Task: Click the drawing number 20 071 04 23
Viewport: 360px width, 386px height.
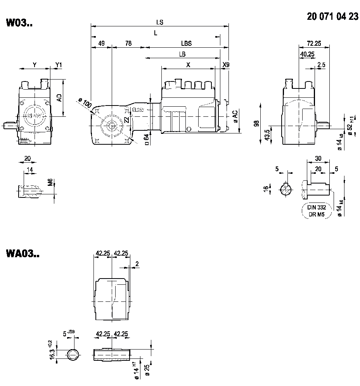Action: (332, 17)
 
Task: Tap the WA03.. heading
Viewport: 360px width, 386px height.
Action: (22, 254)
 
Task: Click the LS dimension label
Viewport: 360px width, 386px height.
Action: (159, 23)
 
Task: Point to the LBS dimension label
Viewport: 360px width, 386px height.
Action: (186, 44)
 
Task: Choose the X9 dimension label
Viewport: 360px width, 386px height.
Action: (225, 65)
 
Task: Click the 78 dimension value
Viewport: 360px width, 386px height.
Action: (128, 44)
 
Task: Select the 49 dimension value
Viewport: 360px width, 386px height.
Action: (101, 44)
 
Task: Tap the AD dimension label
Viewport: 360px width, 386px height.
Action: (59, 98)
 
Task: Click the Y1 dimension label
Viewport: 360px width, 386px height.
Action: (58, 65)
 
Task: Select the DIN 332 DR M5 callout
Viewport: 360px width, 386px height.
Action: (317, 211)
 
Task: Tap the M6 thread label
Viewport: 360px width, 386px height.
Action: (50, 182)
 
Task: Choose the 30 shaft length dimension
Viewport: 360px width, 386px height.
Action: (318, 158)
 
